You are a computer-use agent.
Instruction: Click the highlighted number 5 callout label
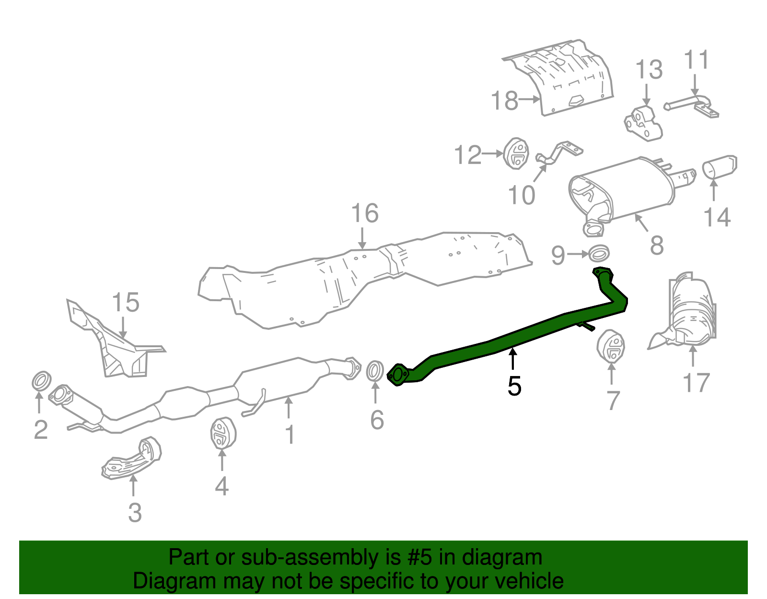[514, 386]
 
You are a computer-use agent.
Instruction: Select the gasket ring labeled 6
[375, 372]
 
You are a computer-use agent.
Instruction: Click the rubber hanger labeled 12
[516, 153]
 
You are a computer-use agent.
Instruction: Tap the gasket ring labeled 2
[42, 381]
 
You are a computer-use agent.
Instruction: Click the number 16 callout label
[365, 213]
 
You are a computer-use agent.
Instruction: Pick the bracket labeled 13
[643, 123]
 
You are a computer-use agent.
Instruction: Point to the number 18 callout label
[505, 101]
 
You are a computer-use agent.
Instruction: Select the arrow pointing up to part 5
[513, 360]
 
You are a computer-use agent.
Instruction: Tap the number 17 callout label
[696, 383]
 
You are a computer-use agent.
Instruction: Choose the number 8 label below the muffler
[657, 246]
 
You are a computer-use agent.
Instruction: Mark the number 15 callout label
[126, 303]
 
